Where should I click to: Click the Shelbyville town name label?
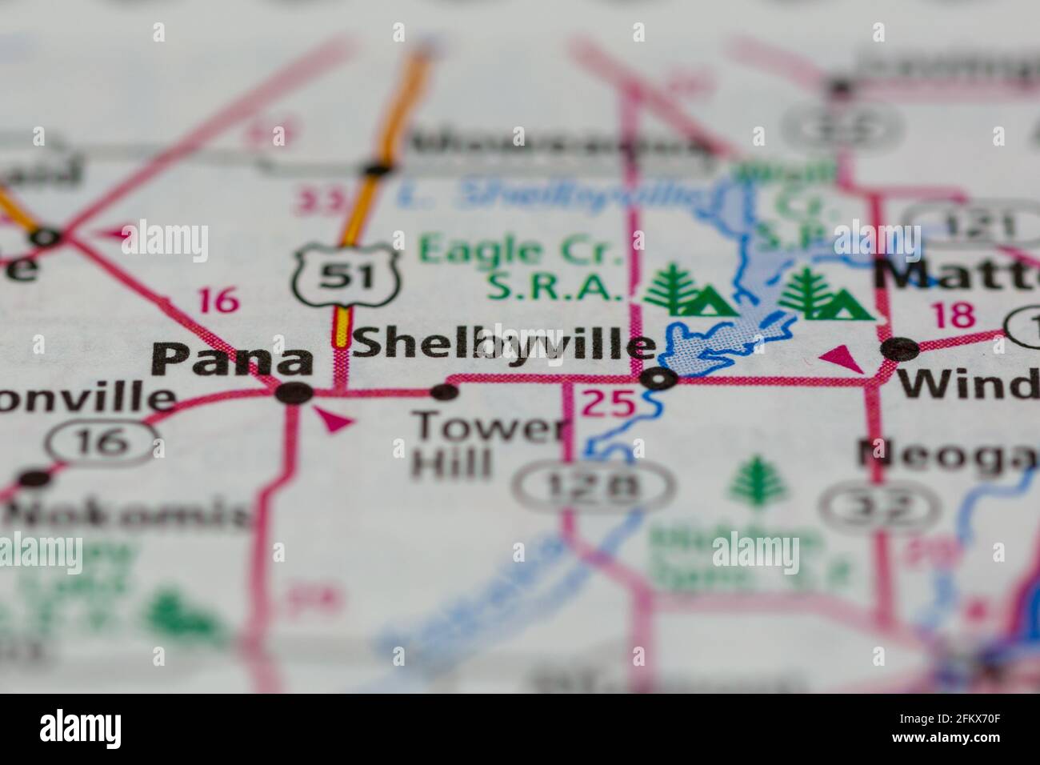504,345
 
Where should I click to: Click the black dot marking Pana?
294,393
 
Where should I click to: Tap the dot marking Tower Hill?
444,392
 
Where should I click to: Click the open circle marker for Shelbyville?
659,379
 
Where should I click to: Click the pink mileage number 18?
954,316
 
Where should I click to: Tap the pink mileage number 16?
218,301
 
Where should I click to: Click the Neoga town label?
948,454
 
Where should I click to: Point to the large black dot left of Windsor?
901,350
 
